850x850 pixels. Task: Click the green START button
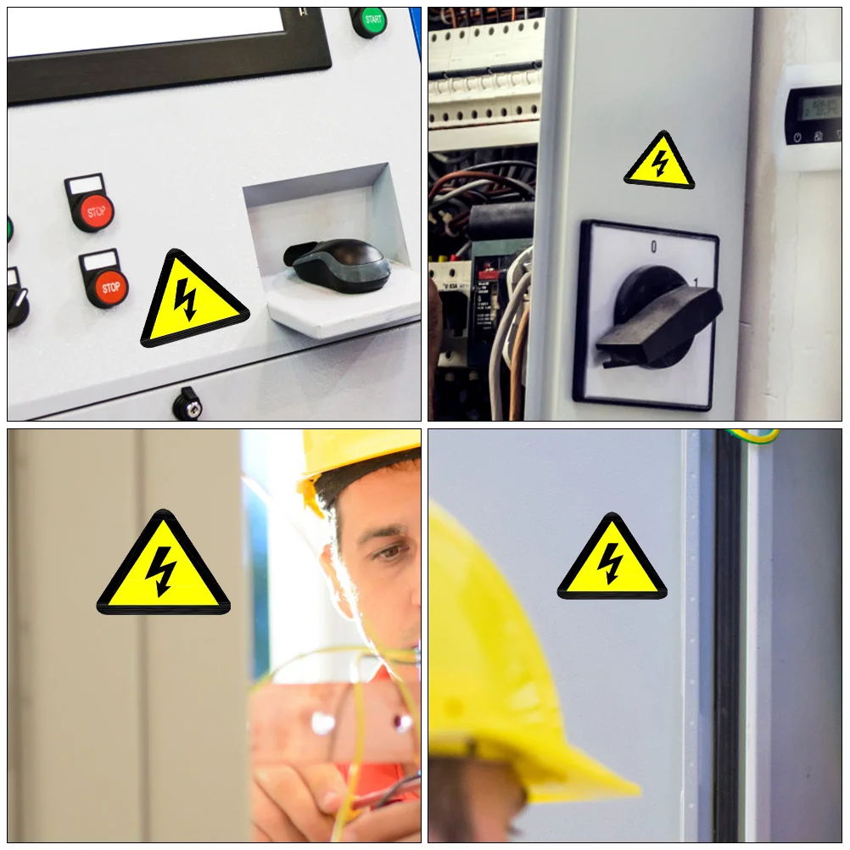(x=370, y=20)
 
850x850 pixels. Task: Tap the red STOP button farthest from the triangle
(x=92, y=210)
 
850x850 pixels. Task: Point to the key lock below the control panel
(x=187, y=405)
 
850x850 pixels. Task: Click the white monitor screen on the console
(x=144, y=31)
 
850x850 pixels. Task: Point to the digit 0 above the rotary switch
(x=653, y=247)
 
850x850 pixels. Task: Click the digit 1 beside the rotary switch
(x=696, y=282)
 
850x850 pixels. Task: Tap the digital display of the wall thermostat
(x=811, y=107)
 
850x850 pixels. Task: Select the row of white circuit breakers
(x=484, y=93)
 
